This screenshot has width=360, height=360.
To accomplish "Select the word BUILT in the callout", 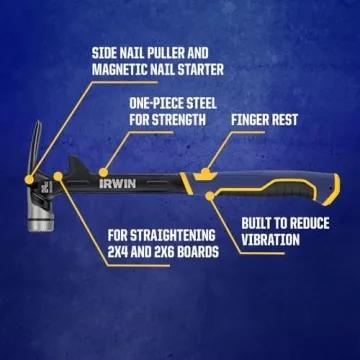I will pos(260,223).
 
